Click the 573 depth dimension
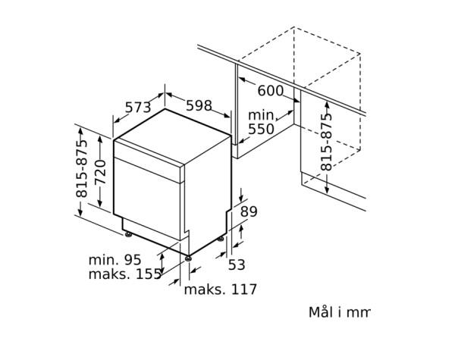click(x=138, y=108)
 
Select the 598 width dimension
click(x=199, y=105)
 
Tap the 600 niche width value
click(x=270, y=90)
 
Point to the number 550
click(x=261, y=129)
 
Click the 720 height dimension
click(x=101, y=172)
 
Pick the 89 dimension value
click(x=249, y=211)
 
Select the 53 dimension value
click(x=237, y=265)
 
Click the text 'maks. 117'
click(x=221, y=290)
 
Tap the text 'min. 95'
click(x=115, y=260)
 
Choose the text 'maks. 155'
click(x=125, y=274)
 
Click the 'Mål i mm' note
click(x=340, y=312)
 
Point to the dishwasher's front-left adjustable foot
click(x=127, y=234)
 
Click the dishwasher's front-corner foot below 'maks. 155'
click(x=189, y=258)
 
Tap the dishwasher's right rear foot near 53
click(x=221, y=239)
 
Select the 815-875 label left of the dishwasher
click(x=82, y=168)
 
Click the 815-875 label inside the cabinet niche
click(x=326, y=142)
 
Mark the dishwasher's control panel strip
click(x=149, y=161)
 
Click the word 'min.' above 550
click(x=262, y=115)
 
